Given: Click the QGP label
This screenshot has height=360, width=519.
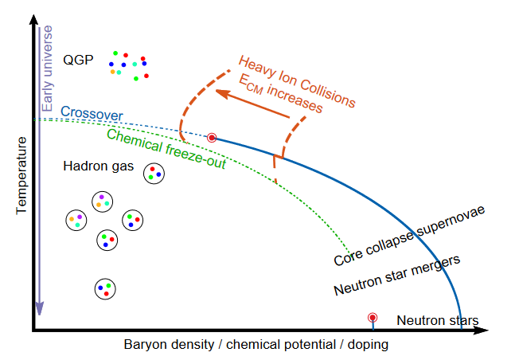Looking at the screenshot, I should (x=78, y=61).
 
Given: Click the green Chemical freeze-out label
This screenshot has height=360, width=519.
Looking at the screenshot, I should (x=166, y=149).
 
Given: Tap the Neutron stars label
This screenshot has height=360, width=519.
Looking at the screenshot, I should (x=437, y=321).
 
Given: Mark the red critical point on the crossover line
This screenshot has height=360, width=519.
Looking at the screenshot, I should (x=212, y=138).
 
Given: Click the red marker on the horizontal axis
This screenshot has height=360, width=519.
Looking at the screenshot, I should (x=372, y=319).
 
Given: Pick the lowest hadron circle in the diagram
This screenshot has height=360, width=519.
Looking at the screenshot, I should (x=105, y=288).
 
